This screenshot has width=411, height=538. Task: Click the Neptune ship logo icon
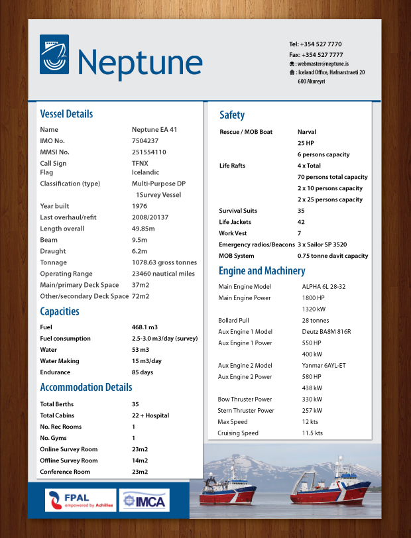[54, 54]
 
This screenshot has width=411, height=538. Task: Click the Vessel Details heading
[66, 113]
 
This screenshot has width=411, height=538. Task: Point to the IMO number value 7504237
[145, 140]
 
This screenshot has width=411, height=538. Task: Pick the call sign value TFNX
[140, 163]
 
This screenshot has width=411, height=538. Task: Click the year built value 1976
[140, 206]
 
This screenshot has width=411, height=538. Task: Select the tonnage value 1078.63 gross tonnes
[164, 262]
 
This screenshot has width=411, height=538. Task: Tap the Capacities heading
[60, 311]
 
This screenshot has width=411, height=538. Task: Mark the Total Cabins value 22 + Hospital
[150, 415]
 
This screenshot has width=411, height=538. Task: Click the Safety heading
[232, 115]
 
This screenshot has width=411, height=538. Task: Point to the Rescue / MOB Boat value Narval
[307, 132]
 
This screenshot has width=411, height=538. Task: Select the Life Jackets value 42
[301, 222]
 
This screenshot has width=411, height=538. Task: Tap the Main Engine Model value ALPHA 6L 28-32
[323, 286]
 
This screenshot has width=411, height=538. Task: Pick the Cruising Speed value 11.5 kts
[312, 433]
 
